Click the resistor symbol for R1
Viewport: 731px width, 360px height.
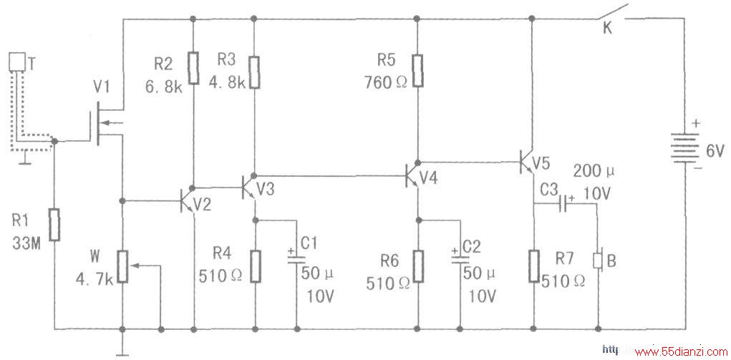coord(55,225)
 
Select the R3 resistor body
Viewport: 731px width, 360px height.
coord(254,73)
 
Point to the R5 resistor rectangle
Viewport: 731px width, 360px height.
coord(417,71)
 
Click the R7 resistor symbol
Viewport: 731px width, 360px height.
coord(534,266)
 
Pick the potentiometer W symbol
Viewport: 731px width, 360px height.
coord(122,266)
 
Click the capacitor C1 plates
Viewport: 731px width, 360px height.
coord(296,259)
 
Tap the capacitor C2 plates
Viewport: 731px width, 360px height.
coord(460,259)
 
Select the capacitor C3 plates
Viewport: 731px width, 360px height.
coord(563,204)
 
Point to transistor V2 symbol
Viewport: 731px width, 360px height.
coord(189,201)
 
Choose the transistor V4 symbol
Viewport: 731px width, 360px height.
coord(412,175)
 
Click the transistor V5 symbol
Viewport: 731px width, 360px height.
coord(527,161)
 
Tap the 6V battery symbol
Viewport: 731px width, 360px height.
coord(684,148)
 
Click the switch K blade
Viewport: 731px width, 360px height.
coord(611,12)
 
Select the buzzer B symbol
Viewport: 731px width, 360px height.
coord(599,261)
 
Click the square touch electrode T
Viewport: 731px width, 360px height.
coord(16,61)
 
